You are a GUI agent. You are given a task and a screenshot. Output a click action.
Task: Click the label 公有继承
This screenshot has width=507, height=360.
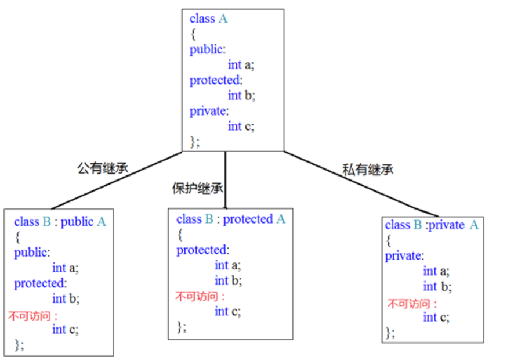pos(103,168)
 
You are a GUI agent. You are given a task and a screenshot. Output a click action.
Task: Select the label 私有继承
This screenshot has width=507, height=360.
pos(368,170)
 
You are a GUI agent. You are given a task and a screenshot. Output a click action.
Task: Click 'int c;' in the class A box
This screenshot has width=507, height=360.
pos(241,126)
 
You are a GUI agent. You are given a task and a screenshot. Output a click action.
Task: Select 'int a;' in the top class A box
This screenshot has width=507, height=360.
pos(241,65)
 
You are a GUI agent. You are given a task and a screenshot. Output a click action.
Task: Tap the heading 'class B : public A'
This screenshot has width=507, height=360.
pos(60,221)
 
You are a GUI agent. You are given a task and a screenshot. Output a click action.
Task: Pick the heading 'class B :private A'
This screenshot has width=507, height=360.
pos(431,225)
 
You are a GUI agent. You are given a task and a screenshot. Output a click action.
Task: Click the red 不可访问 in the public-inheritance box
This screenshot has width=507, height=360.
pos(32,316)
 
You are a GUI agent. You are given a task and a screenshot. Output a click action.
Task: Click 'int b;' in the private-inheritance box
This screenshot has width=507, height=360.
pos(437,286)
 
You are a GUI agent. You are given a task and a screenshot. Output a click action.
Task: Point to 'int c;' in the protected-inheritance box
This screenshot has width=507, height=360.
pos(227,311)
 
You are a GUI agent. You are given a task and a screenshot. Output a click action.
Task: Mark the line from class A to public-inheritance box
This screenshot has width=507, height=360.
pos(116,181)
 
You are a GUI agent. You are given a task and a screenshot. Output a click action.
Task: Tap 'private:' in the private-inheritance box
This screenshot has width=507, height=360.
pos(404,255)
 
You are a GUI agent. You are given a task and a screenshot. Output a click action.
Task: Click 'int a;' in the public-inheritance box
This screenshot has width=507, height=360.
pos(65,268)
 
